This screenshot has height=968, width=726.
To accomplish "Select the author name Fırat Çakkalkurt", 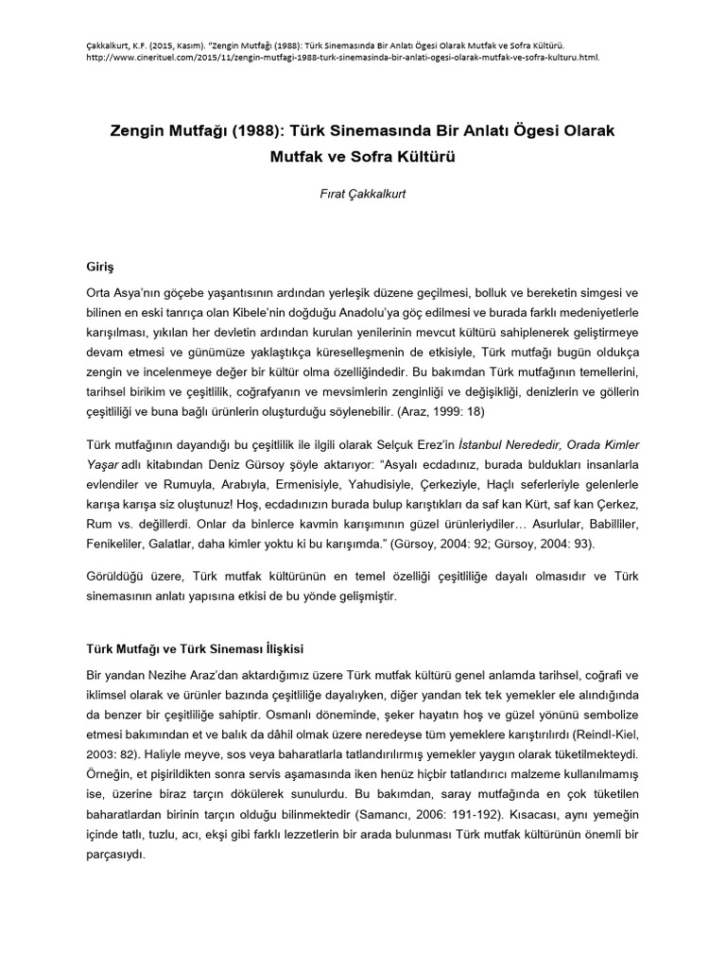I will (x=362, y=195).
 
